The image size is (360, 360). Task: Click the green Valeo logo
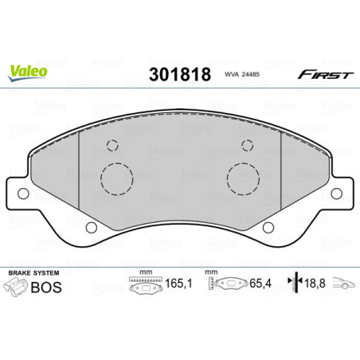click(x=27, y=72)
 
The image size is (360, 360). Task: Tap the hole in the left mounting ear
click(x=23, y=192)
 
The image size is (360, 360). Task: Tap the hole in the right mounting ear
click(x=336, y=192)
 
